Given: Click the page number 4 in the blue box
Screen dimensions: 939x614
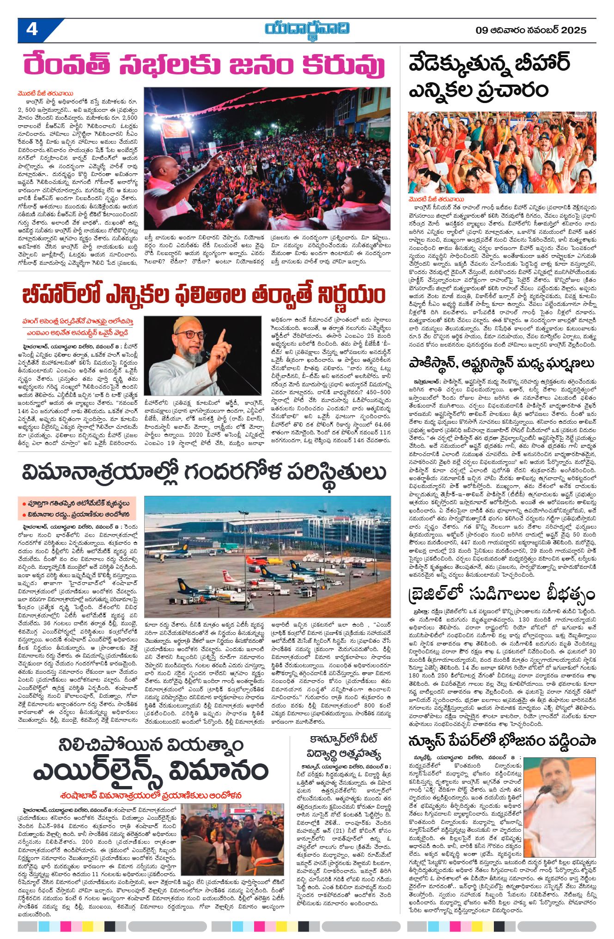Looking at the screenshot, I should click(x=32, y=30).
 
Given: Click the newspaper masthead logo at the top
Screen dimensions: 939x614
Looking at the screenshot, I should click(x=307, y=29).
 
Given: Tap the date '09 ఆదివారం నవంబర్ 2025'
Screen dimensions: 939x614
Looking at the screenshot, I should click(x=531, y=30).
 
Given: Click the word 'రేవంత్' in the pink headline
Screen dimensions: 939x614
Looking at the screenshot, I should click(x=67, y=66).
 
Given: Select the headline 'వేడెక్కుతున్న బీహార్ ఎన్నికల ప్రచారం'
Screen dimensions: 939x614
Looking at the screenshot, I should click(x=490, y=76).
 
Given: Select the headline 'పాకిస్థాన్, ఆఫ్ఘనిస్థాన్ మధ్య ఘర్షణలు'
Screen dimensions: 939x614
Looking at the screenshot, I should click(x=501, y=363).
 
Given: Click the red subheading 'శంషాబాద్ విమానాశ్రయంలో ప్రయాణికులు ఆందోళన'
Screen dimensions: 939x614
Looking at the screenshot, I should click(x=151, y=795).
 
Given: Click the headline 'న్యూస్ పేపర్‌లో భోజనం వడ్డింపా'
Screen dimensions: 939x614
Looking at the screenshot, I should click(x=501, y=741).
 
